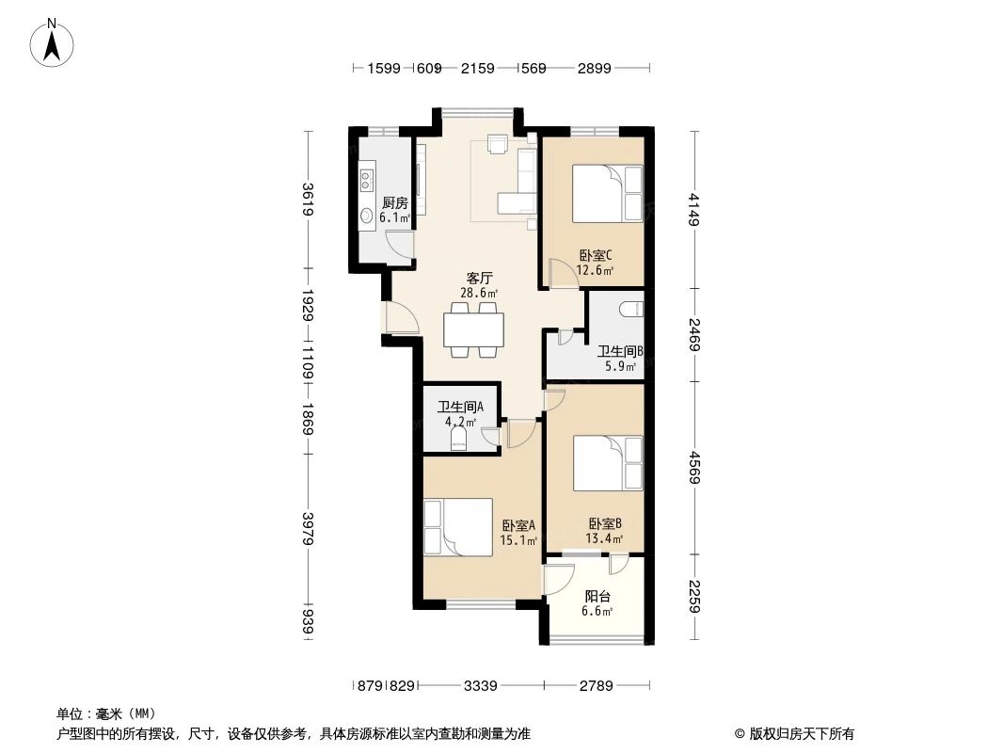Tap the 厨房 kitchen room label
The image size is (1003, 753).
click(394, 202)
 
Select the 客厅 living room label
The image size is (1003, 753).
click(480, 279)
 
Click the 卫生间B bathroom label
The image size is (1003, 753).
click(620, 352)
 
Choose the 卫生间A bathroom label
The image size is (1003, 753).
click(460, 408)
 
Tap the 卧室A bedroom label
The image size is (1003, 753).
click(518, 525)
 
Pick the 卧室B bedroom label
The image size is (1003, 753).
click(604, 523)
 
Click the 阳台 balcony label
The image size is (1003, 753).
click(597, 596)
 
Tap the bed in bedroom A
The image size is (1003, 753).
click(457, 527)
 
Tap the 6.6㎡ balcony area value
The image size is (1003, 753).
click(597, 612)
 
